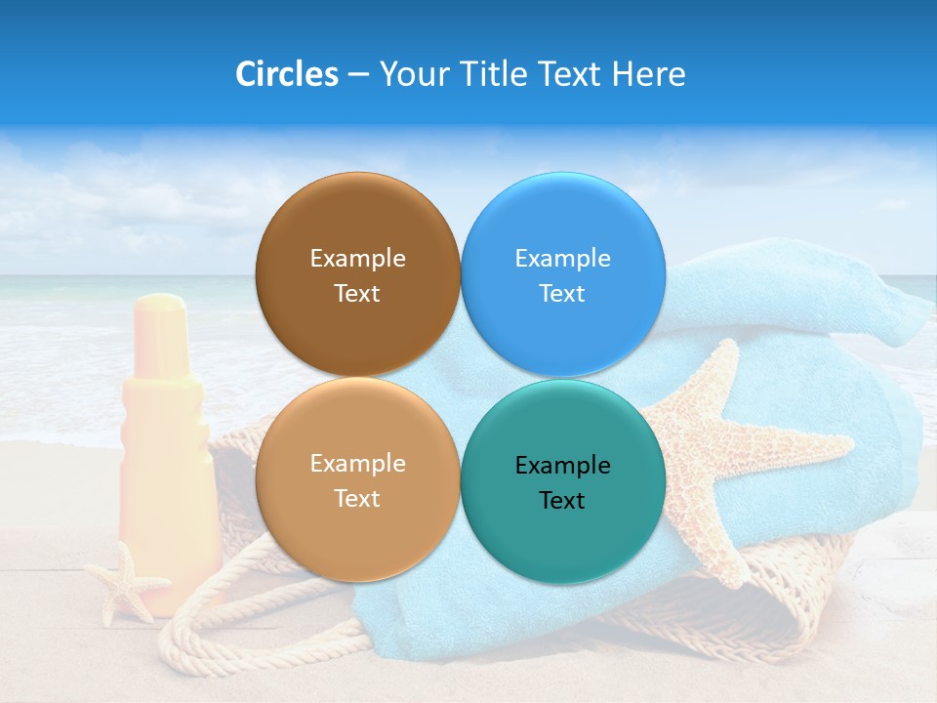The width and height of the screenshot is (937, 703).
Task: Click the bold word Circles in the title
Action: [286, 74]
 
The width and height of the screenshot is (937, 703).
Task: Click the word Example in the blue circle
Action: [562, 259]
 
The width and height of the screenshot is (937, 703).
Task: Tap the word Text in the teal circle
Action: [562, 501]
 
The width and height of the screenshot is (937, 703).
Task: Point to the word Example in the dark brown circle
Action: [357, 259]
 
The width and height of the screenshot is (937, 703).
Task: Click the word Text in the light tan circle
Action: [357, 499]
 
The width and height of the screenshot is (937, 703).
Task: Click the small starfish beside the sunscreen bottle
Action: [126, 583]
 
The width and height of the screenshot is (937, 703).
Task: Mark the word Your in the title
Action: [411, 74]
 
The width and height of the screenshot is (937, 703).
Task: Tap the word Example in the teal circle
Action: [562, 466]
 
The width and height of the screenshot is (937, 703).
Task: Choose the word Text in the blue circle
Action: [562, 294]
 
